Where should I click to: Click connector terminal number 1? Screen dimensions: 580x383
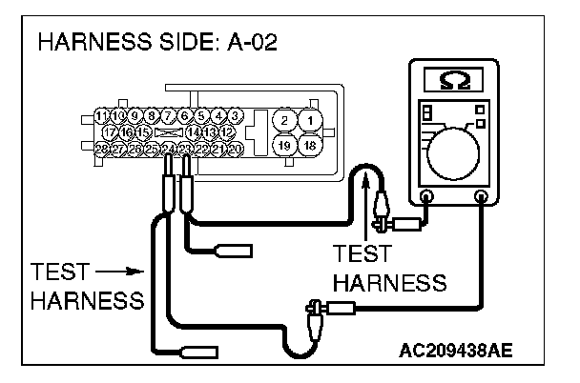click(x=309, y=120)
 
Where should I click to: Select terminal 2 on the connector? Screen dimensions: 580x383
click(x=284, y=120)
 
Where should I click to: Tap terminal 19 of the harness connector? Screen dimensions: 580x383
click(x=284, y=145)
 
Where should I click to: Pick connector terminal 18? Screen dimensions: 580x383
click(x=309, y=145)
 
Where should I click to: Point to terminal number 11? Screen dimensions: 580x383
click(x=101, y=116)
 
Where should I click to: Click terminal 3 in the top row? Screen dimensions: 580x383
click(x=235, y=116)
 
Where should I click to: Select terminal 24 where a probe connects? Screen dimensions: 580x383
click(x=168, y=150)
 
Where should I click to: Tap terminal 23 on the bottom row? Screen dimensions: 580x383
click(x=185, y=150)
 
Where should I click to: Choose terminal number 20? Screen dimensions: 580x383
click(x=235, y=150)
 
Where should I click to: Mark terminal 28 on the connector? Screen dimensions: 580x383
click(x=101, y=150)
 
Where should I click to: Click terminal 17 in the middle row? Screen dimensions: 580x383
click(x=111, y=132)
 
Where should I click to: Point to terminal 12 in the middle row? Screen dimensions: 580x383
click(x=227, y=132)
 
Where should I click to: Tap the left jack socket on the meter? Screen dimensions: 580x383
click(x=426, y=197)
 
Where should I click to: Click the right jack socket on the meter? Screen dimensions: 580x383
click(x=481, y=197)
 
